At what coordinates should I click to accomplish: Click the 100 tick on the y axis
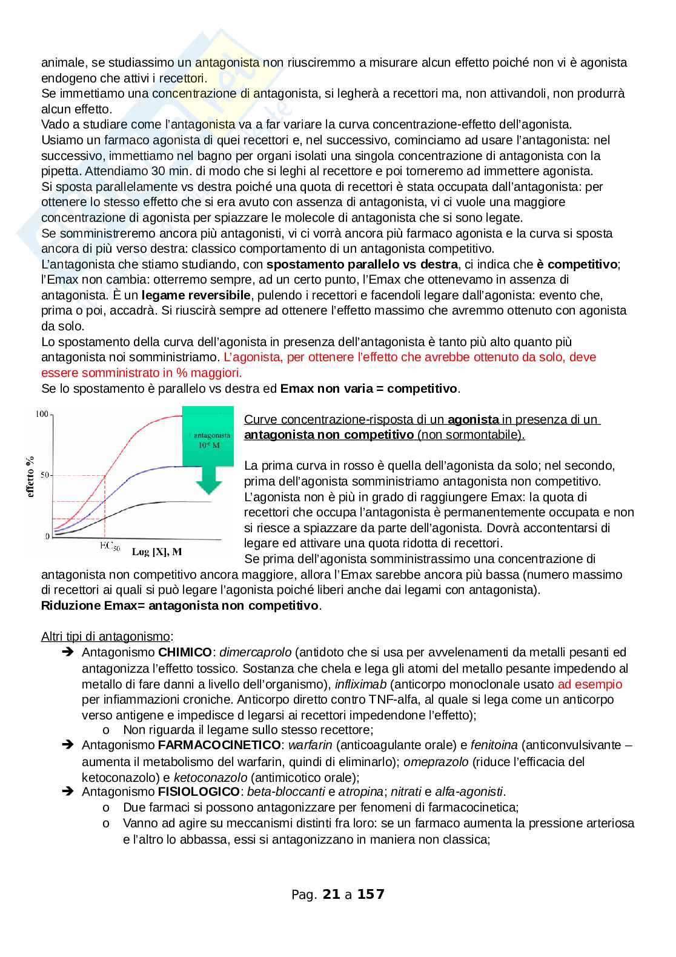coord(41,414)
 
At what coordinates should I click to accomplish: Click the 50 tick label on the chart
coord(44,475)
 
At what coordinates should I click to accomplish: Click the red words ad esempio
coord(590,684)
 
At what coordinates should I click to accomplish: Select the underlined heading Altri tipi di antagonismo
coord(105,636)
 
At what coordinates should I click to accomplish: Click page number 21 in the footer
coord(332,894)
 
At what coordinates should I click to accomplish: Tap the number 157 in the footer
coord(371,894)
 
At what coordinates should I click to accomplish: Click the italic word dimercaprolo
coord(255,653)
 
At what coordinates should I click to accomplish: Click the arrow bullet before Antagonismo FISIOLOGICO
coord(67,792)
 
